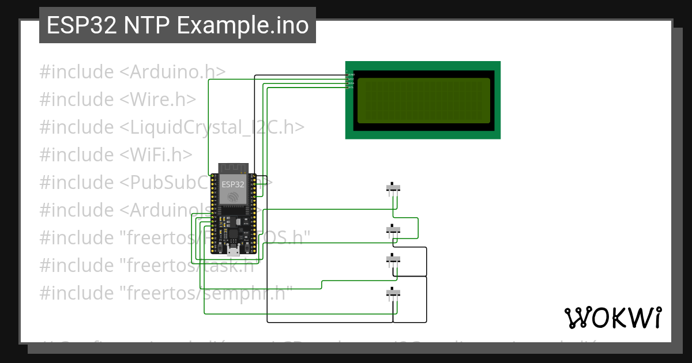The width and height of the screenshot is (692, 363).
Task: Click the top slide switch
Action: tap(393, 188)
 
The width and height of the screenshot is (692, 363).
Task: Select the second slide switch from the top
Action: tap(393, 230)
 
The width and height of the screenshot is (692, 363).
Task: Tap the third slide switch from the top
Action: tap(393, 260)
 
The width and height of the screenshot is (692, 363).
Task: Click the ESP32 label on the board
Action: tap(233, 184)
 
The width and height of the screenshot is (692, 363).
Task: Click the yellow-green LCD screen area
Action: tap(423, 100)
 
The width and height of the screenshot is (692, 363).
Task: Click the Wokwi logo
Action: tap(612, 317)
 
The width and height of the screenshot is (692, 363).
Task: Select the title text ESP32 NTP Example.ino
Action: tap(178, 25)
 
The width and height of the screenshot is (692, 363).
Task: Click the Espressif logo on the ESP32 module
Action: tap(233, 197)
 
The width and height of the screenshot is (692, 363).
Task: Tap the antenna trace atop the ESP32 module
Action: tap(233, 169)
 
